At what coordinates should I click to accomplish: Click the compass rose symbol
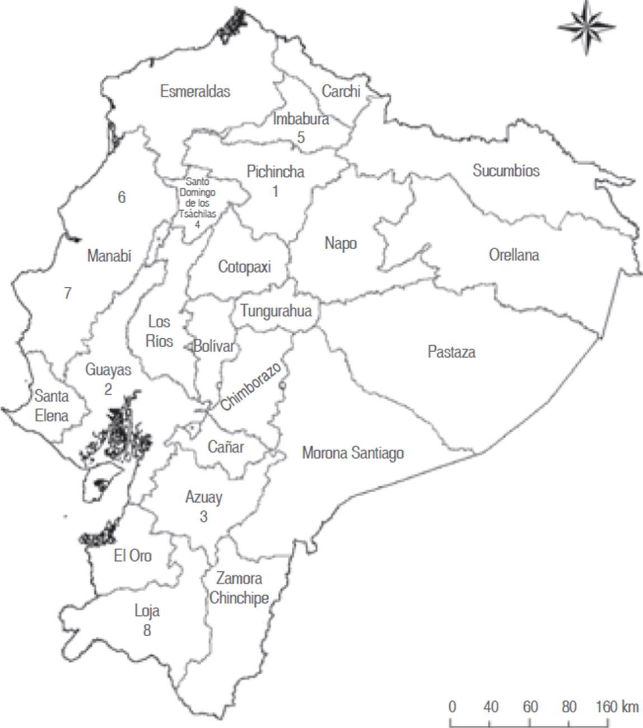tap(586, 26)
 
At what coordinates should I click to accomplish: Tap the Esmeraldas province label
tap(195, 91)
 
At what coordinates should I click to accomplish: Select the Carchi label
tap(341, 91)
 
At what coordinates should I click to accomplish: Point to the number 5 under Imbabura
tap(301, 137)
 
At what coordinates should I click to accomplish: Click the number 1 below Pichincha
tap(275, 192)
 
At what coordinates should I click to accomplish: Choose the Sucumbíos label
tap(506, 171)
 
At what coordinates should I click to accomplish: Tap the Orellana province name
tap(514, 255)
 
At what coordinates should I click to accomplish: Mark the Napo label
tap(341, 244)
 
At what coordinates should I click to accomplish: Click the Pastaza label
tap(451, 352)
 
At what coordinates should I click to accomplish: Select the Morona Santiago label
tap(353, 453)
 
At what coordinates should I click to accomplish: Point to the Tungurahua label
tap(276, 311)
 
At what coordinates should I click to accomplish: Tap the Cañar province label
tap(226, 447)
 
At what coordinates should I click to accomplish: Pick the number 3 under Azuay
tap(203, 516)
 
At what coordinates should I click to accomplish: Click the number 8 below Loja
tap(147, 631)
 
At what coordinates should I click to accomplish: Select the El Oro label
tap(133, 556)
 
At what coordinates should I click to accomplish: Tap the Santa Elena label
tap(52, 406)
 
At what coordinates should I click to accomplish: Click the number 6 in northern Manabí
tap(122, 197)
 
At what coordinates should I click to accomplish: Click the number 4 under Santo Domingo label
tap(197, 225)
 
